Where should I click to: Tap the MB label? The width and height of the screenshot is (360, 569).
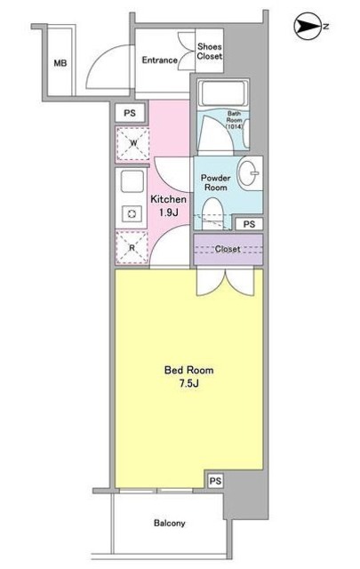60,62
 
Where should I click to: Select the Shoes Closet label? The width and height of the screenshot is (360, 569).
210,51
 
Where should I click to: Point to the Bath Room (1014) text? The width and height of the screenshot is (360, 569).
234,120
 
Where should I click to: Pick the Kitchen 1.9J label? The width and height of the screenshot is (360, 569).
167,206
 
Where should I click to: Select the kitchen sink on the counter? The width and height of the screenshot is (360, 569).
132,182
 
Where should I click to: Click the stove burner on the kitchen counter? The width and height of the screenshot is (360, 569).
132,213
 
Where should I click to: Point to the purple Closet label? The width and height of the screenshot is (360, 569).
228,250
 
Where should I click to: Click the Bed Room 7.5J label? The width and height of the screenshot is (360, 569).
188,377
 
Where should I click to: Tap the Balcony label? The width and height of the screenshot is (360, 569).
167,524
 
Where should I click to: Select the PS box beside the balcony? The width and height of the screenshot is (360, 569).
214,480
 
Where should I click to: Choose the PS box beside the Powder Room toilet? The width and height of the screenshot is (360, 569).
249,224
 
